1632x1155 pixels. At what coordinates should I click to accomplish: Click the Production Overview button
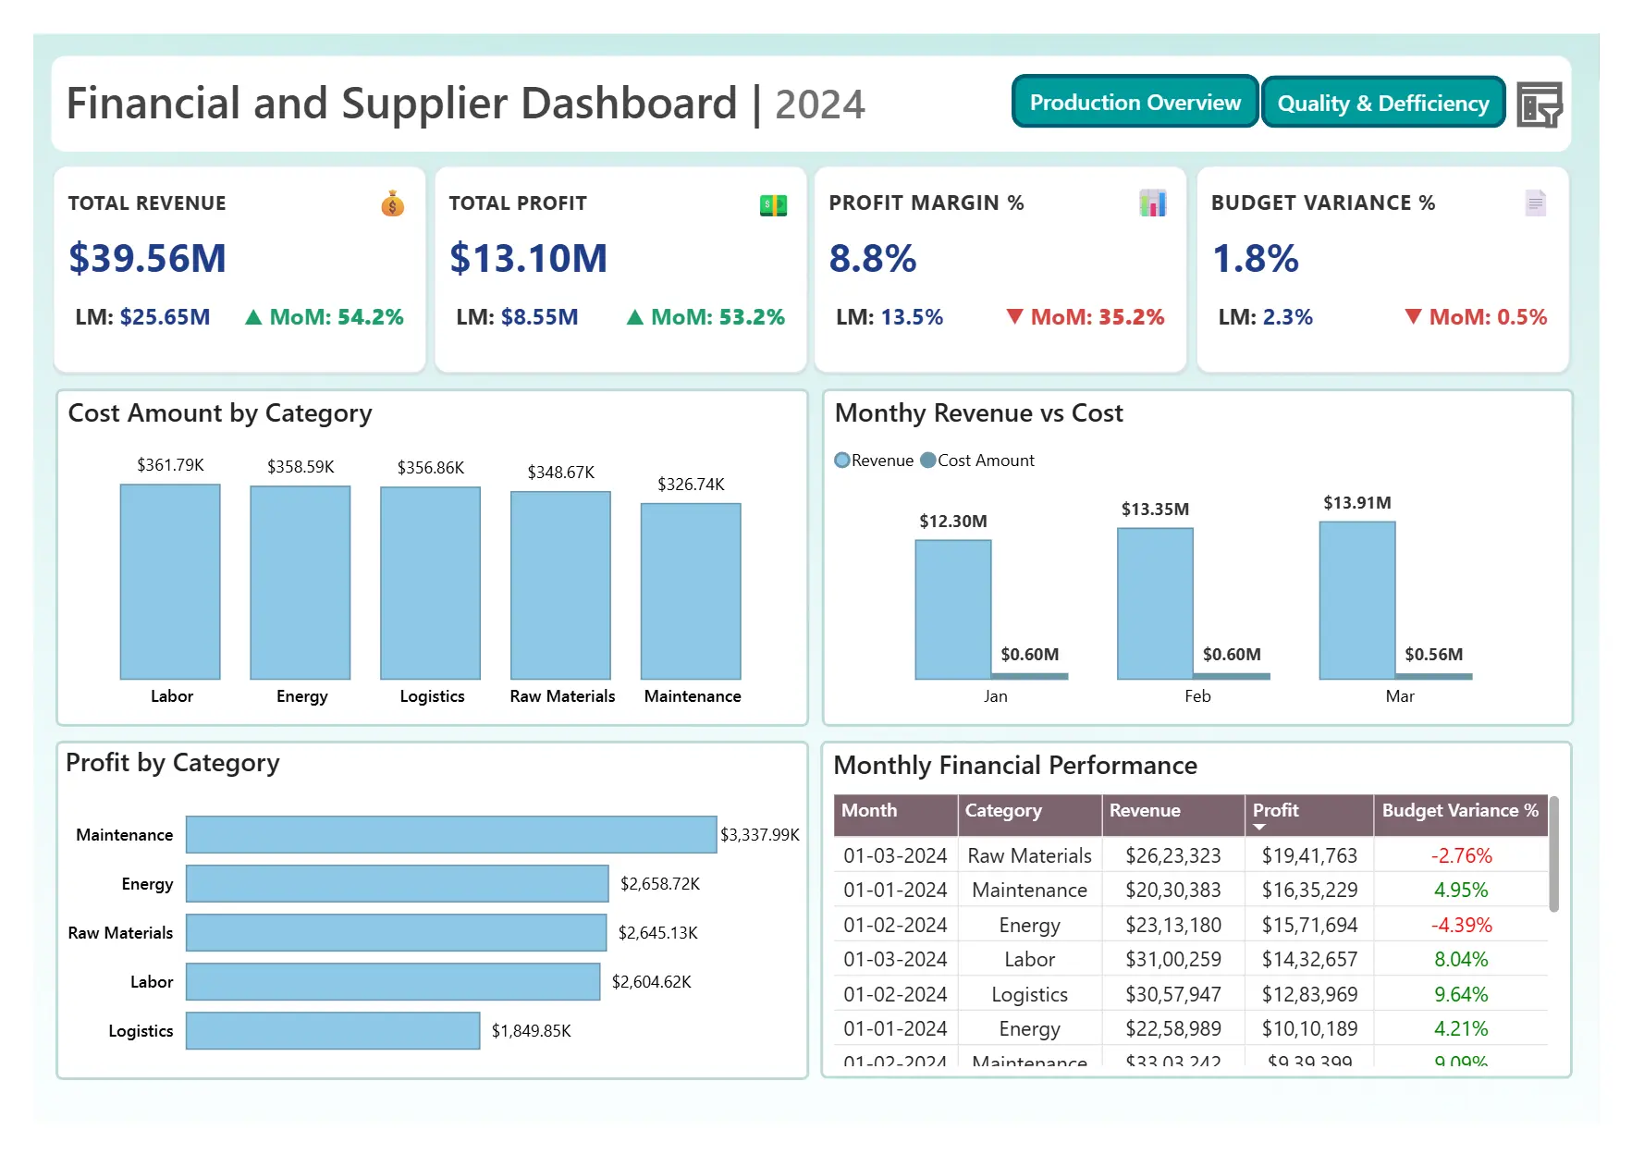[1135, 103]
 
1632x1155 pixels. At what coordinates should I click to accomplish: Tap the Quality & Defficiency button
[1382, 104]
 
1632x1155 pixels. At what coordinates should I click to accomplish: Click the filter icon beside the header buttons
[1539, 104]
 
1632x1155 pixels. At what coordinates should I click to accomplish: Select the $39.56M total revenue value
[147, 258]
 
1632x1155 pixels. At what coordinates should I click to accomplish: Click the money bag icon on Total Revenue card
[392, 203]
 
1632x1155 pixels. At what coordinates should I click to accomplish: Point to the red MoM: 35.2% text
[1097, 317]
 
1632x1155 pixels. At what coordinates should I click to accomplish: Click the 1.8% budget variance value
[1255, 259]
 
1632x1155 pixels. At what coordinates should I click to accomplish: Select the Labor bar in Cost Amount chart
[170, 582]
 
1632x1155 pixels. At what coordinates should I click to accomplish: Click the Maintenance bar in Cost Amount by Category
[691, 591]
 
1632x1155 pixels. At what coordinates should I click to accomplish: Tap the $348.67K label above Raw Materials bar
[560, 473]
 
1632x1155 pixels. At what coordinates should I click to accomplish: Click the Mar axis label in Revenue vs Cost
[1399, 696]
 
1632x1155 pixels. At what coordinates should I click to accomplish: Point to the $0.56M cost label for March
[1433, 655]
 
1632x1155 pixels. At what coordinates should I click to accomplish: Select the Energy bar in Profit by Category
[397, 884]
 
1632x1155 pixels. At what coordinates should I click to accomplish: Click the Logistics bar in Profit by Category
[333, 1031]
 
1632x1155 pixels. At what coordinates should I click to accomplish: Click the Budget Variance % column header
[1459, 811]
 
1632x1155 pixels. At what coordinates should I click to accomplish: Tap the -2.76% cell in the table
[1461, 856]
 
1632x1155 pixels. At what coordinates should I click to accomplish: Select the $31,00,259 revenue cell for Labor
[1172, 960]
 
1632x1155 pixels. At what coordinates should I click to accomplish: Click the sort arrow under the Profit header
[1259, 827]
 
